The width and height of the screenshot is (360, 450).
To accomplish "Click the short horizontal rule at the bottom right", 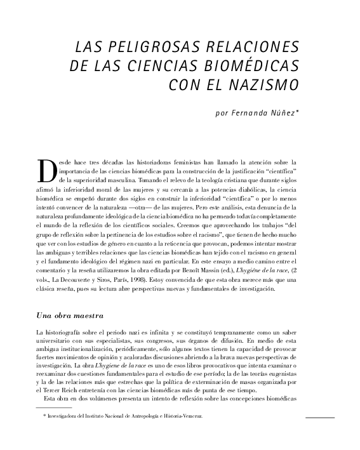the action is coord(319,418).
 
